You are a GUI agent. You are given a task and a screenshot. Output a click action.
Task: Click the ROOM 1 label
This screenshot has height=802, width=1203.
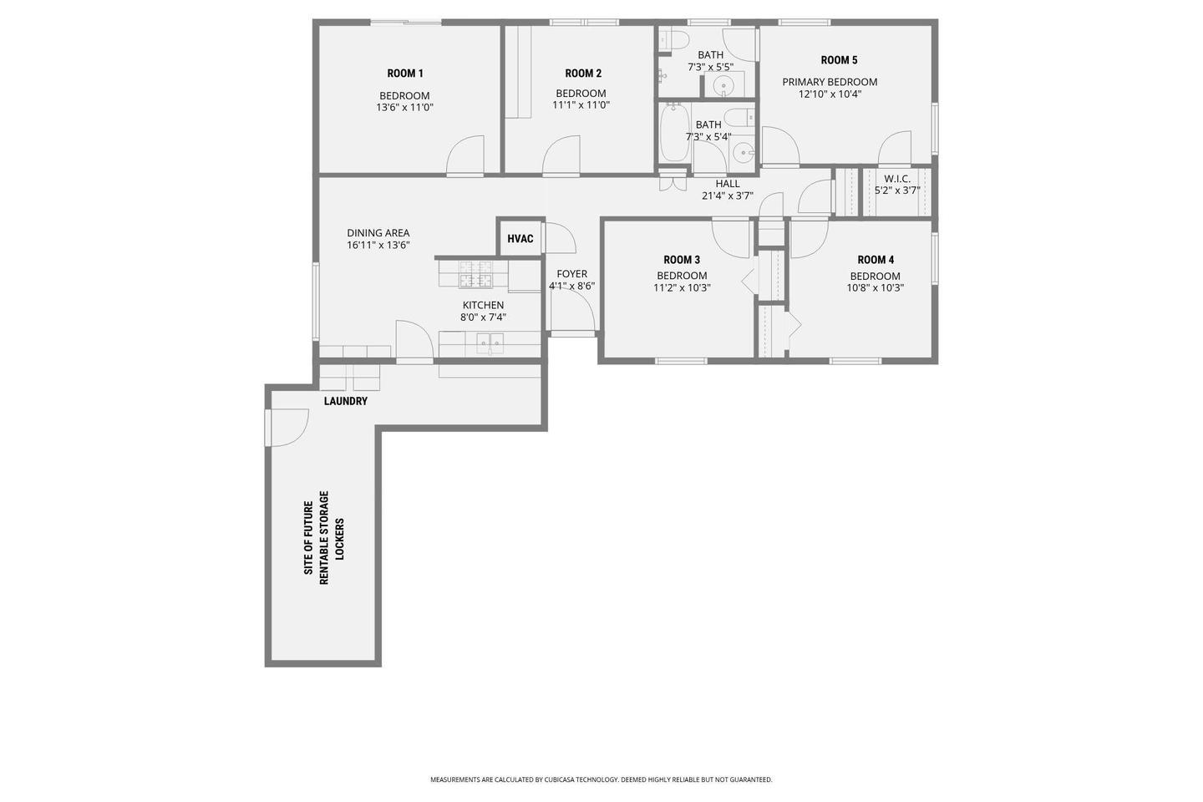405,73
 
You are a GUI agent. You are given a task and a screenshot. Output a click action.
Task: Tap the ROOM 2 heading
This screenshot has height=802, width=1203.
583,73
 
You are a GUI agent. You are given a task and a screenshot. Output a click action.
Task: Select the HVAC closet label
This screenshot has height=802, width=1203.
520,238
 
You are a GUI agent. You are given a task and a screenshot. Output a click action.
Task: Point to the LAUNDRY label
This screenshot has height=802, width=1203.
345,401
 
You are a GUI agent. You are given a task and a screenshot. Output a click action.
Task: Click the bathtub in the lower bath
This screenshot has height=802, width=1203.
674,133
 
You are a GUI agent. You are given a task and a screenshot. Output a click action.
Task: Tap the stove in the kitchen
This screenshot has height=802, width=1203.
475,274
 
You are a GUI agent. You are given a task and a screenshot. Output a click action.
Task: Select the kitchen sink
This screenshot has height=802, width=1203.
490,344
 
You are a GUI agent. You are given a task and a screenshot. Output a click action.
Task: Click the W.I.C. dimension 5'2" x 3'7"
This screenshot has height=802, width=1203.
897,190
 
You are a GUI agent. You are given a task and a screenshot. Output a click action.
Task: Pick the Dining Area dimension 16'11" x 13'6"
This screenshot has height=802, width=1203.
378,246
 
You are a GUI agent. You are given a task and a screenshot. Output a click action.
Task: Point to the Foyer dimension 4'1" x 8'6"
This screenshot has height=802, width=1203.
571,287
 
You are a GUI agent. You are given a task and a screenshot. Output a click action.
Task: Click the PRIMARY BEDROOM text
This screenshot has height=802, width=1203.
830,82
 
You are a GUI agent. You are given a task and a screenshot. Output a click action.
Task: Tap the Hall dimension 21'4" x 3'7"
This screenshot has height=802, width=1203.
727,196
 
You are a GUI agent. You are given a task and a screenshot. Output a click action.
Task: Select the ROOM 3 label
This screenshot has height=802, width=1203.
682,260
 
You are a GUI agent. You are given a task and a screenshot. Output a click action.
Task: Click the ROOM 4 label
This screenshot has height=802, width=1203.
876,260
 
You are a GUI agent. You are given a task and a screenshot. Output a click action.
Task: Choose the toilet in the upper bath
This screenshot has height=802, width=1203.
673,40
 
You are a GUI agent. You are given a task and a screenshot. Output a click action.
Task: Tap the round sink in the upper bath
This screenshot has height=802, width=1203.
724,85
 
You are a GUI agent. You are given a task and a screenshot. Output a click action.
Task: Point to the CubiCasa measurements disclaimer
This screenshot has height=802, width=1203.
601,779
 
